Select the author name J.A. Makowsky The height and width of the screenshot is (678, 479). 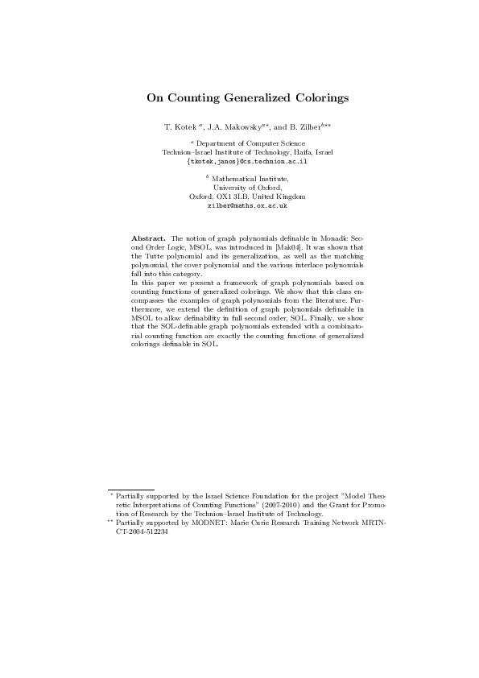coord(233,127)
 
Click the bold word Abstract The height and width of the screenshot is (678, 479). coord(148,239)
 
